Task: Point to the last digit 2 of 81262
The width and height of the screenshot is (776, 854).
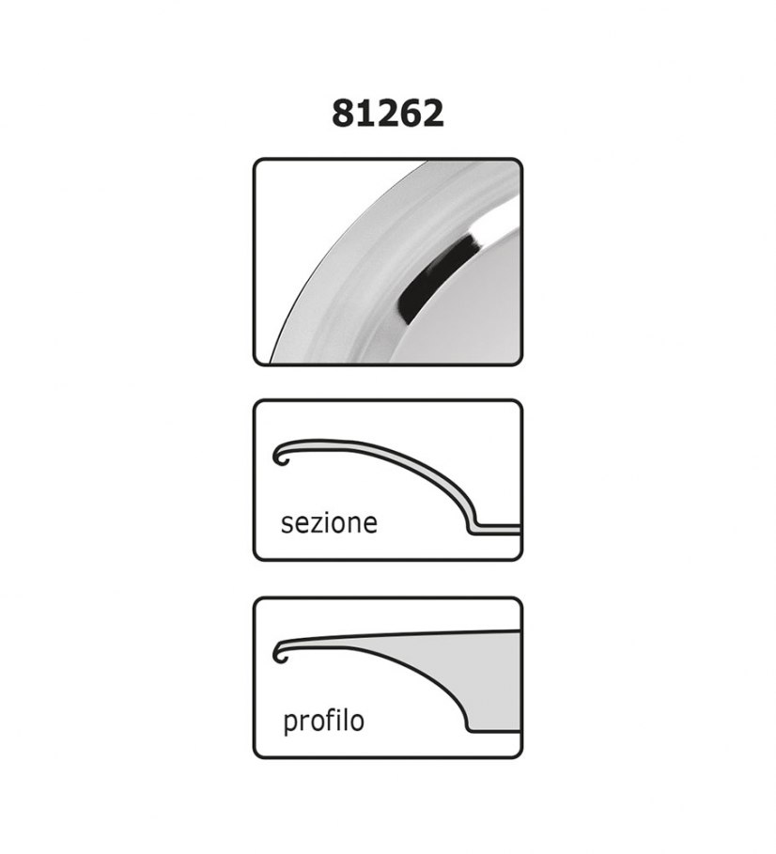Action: [x=432, y=114]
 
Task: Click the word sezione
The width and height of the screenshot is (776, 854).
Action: [x=329, y=523]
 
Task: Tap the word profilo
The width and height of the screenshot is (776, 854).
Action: [x=323, y=721]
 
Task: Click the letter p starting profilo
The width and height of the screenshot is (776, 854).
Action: [x=291, y=724]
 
